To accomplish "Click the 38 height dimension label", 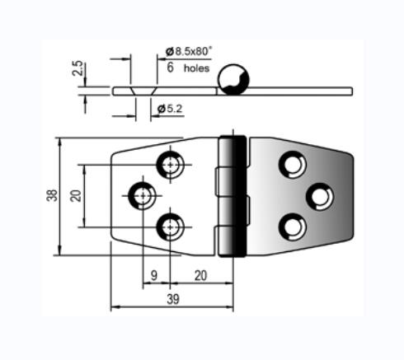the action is [52, 195].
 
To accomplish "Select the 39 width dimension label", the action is [173, 299].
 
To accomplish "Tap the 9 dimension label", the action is [154, 275].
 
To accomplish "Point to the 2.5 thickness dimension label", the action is [78, 68].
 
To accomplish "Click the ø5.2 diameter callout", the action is [170, 109].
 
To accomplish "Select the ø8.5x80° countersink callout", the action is [189, 51].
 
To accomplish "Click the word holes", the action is [196, 68].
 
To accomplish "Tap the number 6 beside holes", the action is [170, 68].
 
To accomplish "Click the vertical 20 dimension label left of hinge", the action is [76, 196].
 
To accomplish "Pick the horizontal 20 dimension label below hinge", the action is [200, 275].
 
